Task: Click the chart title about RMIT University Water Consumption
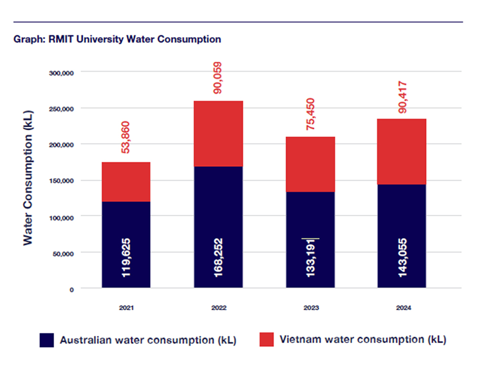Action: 117,39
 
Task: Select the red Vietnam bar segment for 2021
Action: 126,181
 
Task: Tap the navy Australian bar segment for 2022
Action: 219,213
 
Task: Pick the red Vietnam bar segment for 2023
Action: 310,164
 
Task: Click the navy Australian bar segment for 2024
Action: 402,223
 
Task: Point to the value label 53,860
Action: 126,137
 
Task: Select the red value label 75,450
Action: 310,115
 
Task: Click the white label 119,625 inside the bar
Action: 126,257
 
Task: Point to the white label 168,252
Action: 219,257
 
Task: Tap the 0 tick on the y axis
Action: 72,289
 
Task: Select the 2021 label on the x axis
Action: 126,308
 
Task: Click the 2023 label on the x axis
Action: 310,308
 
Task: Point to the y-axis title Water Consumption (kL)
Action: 28,177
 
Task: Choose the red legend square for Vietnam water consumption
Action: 266,340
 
